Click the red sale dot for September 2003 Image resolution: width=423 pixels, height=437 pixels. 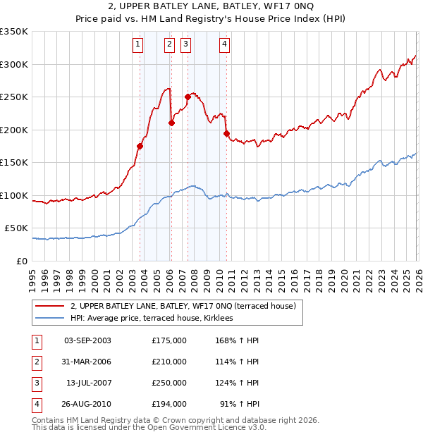tap(140, 147)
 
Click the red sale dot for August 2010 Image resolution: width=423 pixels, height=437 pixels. tap(226, 133)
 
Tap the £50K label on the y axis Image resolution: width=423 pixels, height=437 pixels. tap(16, 228)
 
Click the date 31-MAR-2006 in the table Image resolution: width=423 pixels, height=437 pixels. tap(87, 362)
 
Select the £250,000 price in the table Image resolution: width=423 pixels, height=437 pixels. tap(169, 383)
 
